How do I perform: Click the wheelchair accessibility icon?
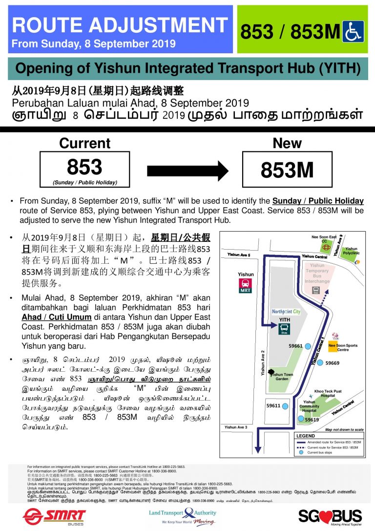(x=353, y=31)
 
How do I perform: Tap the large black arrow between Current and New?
(x=187, y=170)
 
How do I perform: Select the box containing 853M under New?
(x=287, y=169)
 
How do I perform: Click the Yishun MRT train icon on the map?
(x=245, y=286)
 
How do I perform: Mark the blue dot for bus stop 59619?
(x=302, y=419)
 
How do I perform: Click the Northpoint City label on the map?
(x=287, y=311)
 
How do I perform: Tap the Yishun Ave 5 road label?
(x=239, y=255)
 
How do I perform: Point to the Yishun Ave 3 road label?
(x=236, y=427)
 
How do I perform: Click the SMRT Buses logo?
(x=54, y=516)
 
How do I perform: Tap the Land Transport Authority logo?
(x=183, y=516)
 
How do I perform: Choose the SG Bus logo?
(x=330, y=516)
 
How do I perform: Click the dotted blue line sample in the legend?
(x=300, y=447)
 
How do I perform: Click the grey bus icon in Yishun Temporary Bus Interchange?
(x=316, y=290)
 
